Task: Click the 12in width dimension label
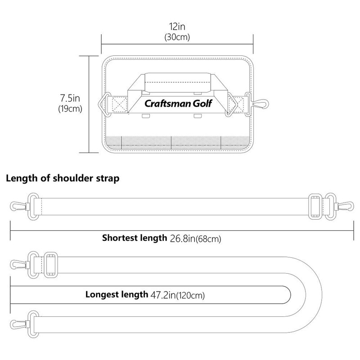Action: click(177, 27)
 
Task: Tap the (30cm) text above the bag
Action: click(177, 37)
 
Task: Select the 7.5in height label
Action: click(70, 98)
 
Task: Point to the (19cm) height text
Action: click(70, 108)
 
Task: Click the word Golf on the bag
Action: click(202, 103)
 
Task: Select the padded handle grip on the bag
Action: click(178, 82)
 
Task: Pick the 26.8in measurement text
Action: click(182, 238)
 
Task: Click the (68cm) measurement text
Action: click(208, 239)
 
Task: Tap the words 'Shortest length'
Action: click(135, 238)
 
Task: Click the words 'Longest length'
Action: click(117, 295)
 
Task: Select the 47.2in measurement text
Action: click(163, 295)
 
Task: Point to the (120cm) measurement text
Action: click(190, 295)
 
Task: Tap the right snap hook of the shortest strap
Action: click(344, 206)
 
